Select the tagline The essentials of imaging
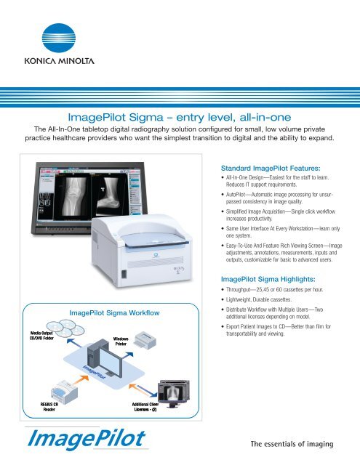[292, 444]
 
